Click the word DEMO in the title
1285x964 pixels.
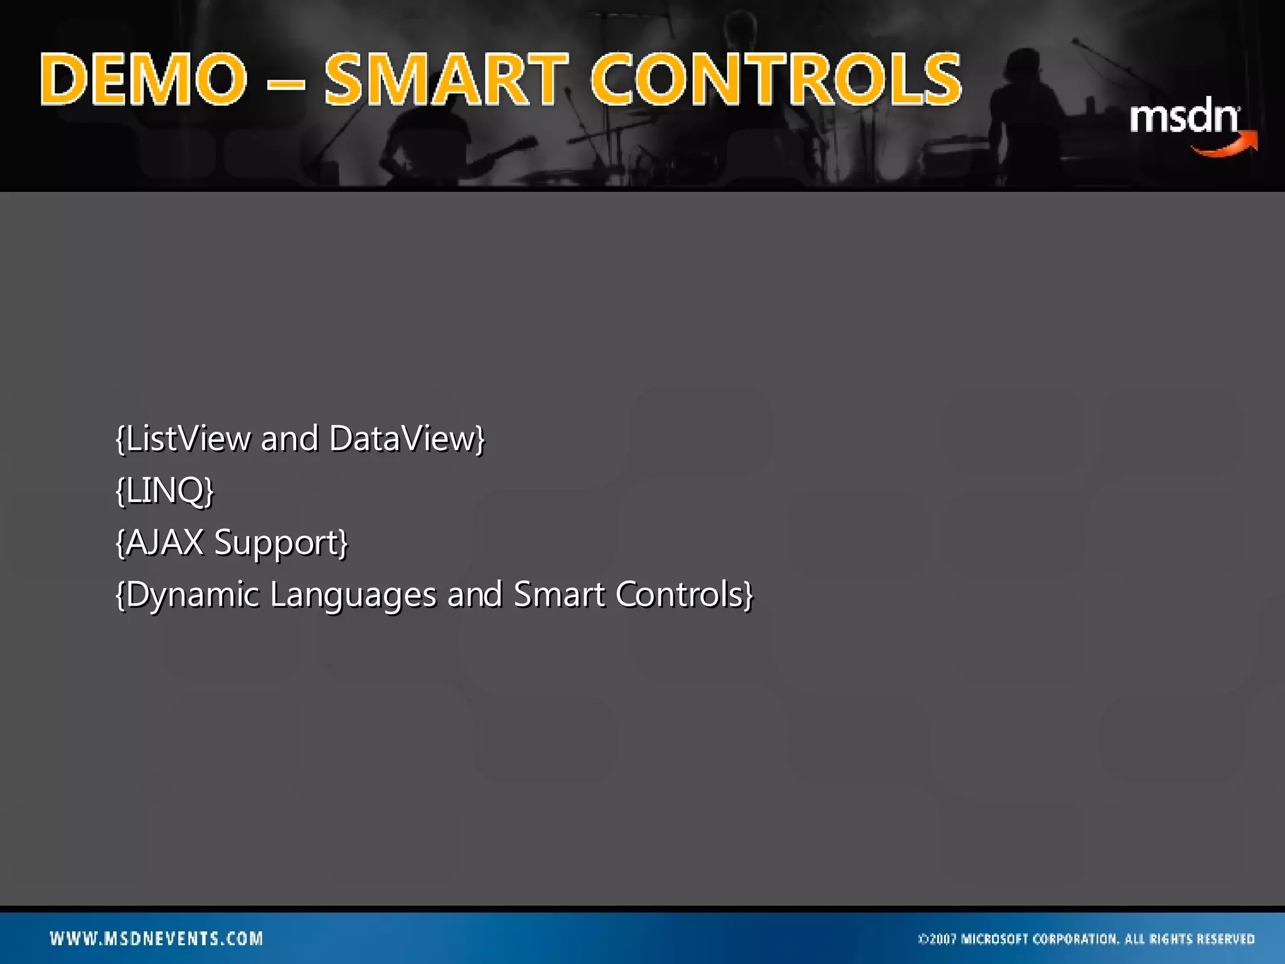tap(144, 80)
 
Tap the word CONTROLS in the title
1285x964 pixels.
tap(776, 80)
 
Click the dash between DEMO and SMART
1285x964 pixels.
tap(286, 82)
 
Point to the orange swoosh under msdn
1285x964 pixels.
tap(1227, 146)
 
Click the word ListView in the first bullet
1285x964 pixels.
tap(188, 438)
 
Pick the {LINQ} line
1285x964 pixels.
tap(165, 490)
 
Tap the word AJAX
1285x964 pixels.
tap(165, 542)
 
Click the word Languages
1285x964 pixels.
tap(353, 595)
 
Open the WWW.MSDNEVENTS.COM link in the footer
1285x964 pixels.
tap(156, 938)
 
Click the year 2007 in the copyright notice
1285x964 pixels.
tap(942, 939)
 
